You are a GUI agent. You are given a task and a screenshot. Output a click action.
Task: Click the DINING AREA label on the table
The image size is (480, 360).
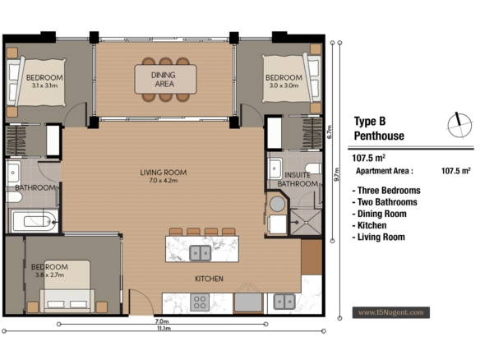(164, 79)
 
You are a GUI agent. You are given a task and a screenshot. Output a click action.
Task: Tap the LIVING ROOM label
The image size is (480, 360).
(164, 173)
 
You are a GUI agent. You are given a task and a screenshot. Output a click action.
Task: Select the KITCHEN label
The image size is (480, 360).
(209, 279)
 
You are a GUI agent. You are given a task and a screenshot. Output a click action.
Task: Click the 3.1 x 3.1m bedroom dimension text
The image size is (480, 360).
(44, 85)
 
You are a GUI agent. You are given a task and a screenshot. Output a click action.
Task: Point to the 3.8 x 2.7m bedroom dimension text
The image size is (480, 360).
(49, 275)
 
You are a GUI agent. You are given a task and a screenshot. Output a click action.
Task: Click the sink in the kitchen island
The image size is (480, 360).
(201, 253)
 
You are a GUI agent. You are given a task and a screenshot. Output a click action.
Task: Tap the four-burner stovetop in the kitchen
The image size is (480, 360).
(200, 302)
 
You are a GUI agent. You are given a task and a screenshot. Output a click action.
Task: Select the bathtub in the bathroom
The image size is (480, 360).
(35, 220)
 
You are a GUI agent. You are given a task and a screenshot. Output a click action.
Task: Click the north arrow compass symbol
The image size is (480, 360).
(459, 125)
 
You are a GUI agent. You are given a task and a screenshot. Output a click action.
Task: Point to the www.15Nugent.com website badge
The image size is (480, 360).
(391, 312)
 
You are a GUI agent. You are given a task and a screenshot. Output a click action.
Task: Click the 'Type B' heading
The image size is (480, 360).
(370, 121)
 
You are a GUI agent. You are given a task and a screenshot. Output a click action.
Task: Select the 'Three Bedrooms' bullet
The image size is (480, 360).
(386, 191)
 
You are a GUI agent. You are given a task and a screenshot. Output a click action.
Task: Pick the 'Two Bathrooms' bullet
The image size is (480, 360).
(385, 202)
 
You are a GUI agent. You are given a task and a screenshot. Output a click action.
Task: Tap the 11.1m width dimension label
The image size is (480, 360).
(164, 329)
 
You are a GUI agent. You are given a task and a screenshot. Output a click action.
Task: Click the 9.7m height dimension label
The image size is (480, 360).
(337, 174)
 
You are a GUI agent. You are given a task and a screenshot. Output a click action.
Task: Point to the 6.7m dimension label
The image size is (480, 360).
(330, 132)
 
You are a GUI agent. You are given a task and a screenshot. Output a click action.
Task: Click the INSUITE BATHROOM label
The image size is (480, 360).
(298, 179)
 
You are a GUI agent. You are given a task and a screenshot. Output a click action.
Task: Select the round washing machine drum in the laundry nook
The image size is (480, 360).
(277, 204)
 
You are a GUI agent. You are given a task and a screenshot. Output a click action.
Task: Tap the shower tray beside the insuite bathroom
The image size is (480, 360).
(306, 222)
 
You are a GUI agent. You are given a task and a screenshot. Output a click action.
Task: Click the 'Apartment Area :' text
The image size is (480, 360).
(385, 171)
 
